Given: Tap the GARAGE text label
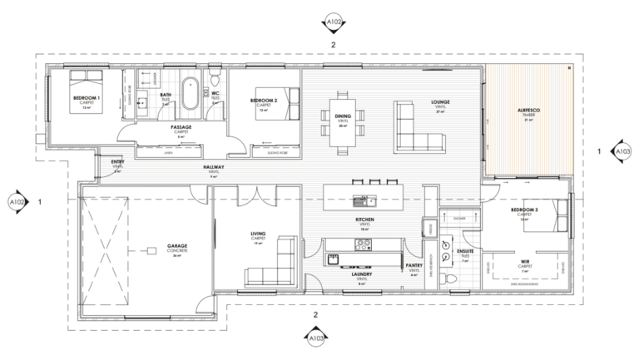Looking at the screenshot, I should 176,247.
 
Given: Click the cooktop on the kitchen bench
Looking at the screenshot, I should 364,244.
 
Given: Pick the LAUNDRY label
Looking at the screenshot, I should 362,274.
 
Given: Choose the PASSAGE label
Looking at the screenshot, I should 181,127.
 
